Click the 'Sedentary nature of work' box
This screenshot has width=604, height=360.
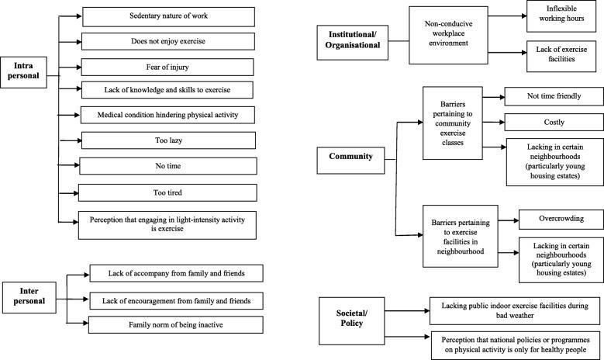pos(168,16)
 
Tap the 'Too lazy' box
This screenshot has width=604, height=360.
pos(168,140)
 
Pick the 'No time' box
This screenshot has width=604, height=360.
pos(168,165)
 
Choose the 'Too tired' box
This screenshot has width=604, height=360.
pos(168,191)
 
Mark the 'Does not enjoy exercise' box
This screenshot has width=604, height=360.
pos(168,40)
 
